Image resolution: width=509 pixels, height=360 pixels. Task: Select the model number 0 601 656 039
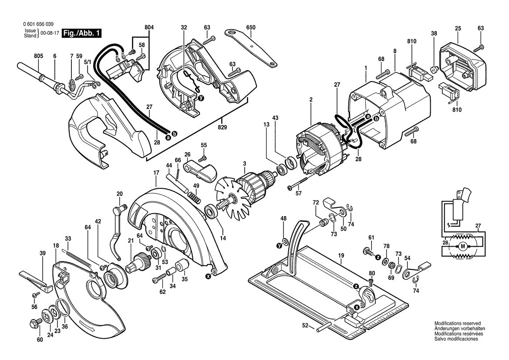[x=39, y=25]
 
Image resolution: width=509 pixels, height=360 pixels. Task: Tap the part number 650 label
[x=250, y=27]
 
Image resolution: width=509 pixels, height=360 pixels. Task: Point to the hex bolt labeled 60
[x=33, y=324]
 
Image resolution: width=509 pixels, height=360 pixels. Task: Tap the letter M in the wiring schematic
[x=462, y=246]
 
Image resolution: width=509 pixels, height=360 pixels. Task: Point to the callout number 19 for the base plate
[x=340, y=255]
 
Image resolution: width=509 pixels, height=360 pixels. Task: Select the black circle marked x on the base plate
[x=357, y=307]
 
